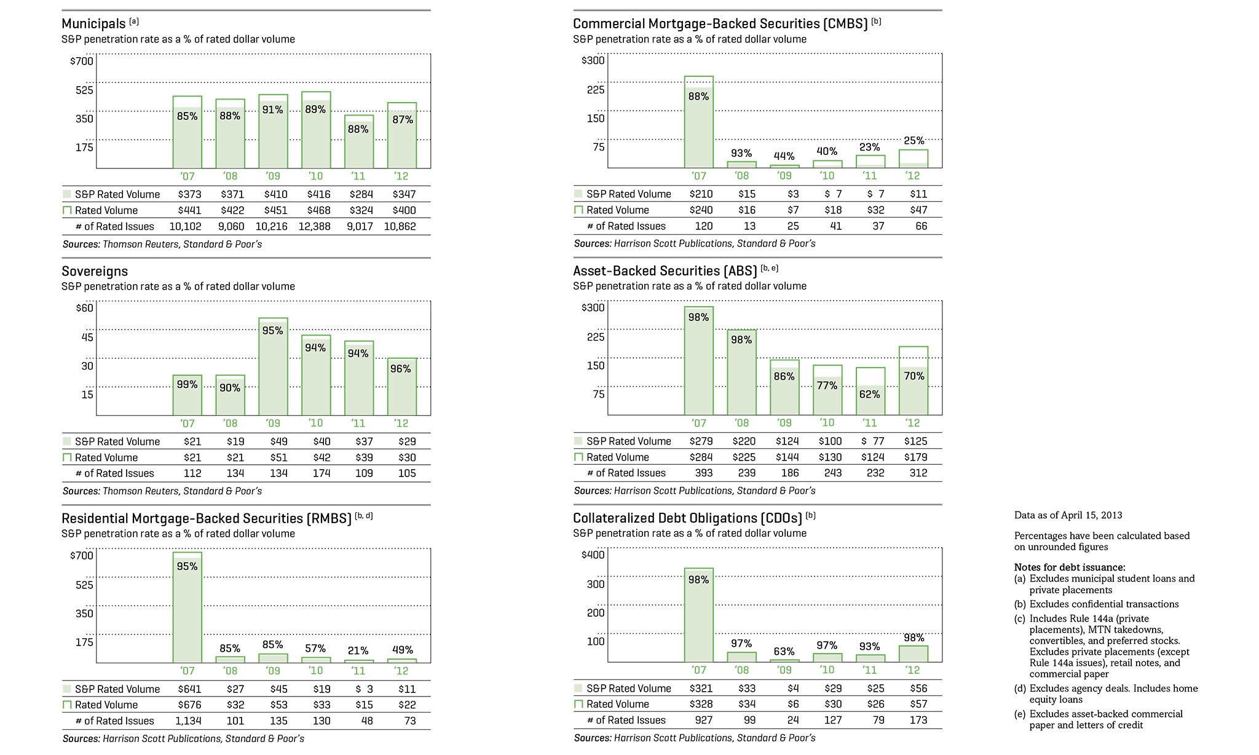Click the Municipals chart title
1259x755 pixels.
[x=93, y=24]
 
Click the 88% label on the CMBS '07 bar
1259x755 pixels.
[x=699, y=97]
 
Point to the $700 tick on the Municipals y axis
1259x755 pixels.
[x=82, y=61]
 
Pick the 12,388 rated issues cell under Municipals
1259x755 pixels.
[x=315, y=226]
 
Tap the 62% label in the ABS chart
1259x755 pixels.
[x=870, y=394]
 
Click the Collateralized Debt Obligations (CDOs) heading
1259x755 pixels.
[x=687, y=518]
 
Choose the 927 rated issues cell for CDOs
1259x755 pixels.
[x=703, y=720]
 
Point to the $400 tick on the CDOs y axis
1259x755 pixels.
[x=593, y=555]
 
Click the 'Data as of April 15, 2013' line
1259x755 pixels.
[x=1068, y=515]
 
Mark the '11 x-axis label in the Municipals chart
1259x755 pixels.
[x=358, y=176]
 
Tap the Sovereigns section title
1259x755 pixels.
[x=95, y=271]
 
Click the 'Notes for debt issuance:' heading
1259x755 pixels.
[x=1070, y=567]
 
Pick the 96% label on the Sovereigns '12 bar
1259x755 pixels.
[x=401, y=369]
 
